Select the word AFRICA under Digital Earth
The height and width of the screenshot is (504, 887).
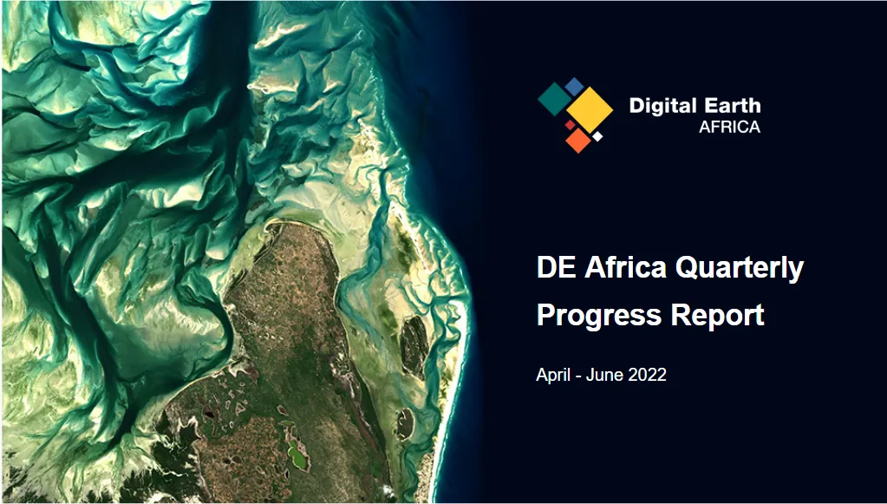729,128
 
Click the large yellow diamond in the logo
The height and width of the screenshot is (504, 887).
590,110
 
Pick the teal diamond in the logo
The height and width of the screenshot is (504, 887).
554,99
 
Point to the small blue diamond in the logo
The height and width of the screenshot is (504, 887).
574,87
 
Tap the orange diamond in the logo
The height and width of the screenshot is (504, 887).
578,141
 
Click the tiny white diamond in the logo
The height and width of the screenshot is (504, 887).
597,136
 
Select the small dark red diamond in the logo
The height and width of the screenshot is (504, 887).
571,124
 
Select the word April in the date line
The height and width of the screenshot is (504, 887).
553,376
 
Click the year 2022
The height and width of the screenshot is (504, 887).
647,375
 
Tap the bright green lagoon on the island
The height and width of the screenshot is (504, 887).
297,455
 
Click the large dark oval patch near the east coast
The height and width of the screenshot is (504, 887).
414,345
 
